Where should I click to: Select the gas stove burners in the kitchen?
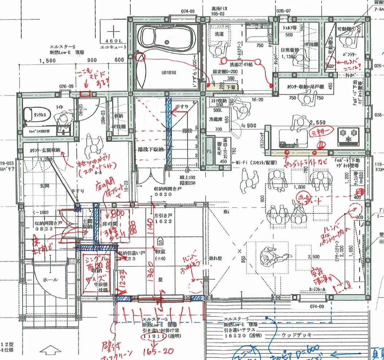348,136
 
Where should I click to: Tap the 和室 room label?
161,251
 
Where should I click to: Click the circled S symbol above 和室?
160,241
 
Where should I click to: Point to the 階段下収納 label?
150,149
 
